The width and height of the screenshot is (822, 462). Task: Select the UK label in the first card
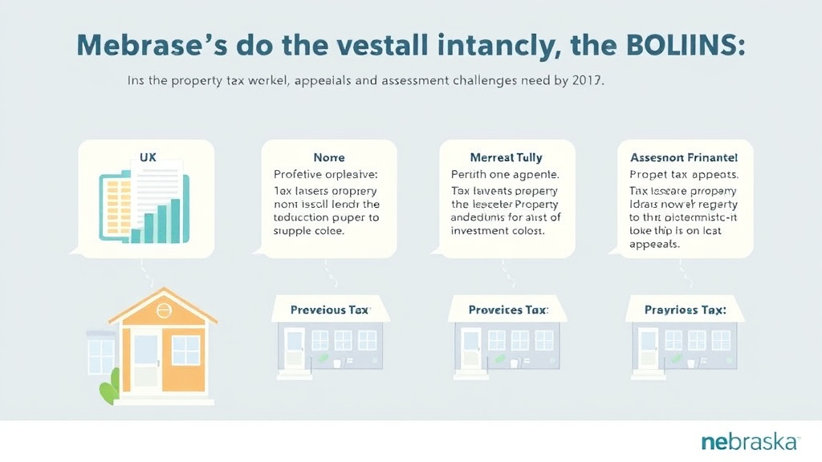[x=148, y=158]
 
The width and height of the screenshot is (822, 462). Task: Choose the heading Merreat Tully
[x=507, y=158]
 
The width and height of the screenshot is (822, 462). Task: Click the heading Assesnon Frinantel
[x=685, y=158]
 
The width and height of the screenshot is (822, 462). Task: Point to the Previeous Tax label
[x=330, y=310]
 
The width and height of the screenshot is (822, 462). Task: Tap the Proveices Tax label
[x=508, y=310]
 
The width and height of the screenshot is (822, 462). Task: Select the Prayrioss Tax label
[x=685, y=310]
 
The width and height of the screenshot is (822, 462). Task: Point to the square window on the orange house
[x=185, y=350]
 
